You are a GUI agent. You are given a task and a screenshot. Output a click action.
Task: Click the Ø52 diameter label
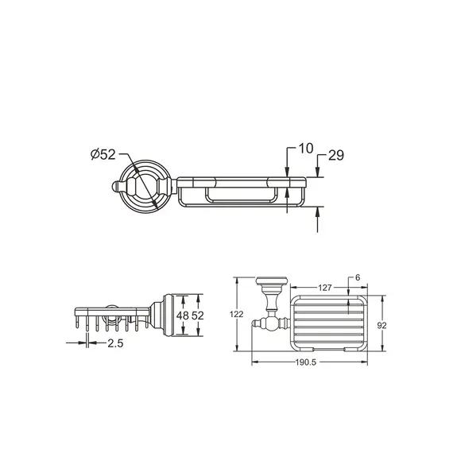point(103,154)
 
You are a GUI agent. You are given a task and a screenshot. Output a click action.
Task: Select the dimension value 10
point(306,148)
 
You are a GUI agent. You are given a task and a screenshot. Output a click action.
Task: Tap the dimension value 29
point(336,155)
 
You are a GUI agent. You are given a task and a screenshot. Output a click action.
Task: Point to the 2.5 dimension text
point(115,343)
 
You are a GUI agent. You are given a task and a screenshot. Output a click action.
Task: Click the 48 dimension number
point(183,316)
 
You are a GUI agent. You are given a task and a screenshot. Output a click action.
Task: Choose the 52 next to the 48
point(198,316)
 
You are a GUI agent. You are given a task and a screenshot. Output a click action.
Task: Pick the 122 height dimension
point(237,314)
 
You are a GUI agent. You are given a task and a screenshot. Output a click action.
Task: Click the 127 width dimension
point(325,288)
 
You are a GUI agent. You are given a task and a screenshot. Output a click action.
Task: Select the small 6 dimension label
point(358,277)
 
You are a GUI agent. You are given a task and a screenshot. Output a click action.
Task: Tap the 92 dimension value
point(381,326)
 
